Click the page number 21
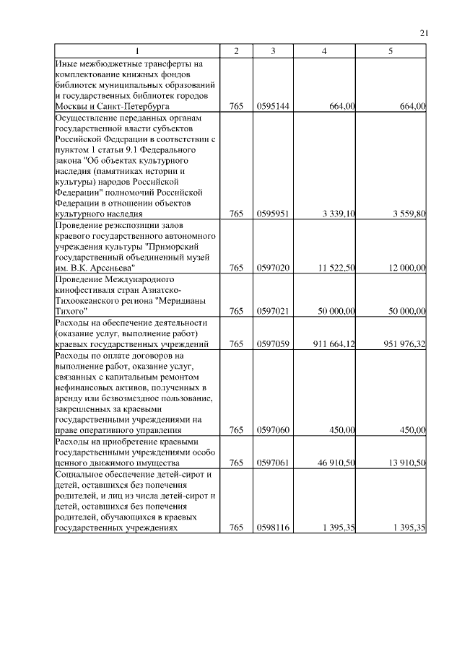pos(424,32)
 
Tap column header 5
pos(391,52)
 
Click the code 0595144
pos(273,107)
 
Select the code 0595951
pos(273,214)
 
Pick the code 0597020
pos(273,268)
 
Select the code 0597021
pos(273,311)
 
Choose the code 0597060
pos(273,430)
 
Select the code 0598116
pos(273,527)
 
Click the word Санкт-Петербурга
pos(128,107)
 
